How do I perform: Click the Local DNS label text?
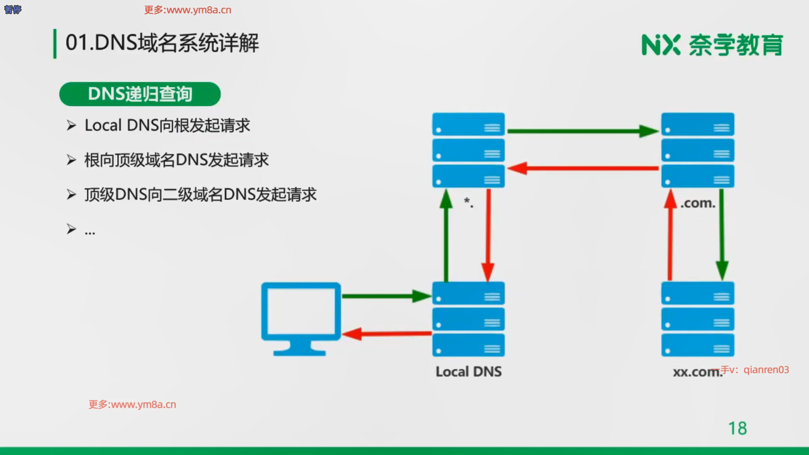click(x=469, y=372)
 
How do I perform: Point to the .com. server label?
click(x=698, y=203)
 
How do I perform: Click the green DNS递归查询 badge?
click(x=140, y=94)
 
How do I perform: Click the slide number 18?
click(x=737, y=428)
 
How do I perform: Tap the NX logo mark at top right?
click(x=661, y=45)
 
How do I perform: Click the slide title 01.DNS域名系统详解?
click(x=162, y=43)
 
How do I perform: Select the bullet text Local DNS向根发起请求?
click(x=167, y=126)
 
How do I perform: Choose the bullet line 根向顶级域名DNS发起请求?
click(x=177, y=160)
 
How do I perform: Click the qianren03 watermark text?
click(x=766, y=370)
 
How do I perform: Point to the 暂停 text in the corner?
click(x=13, y=10)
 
